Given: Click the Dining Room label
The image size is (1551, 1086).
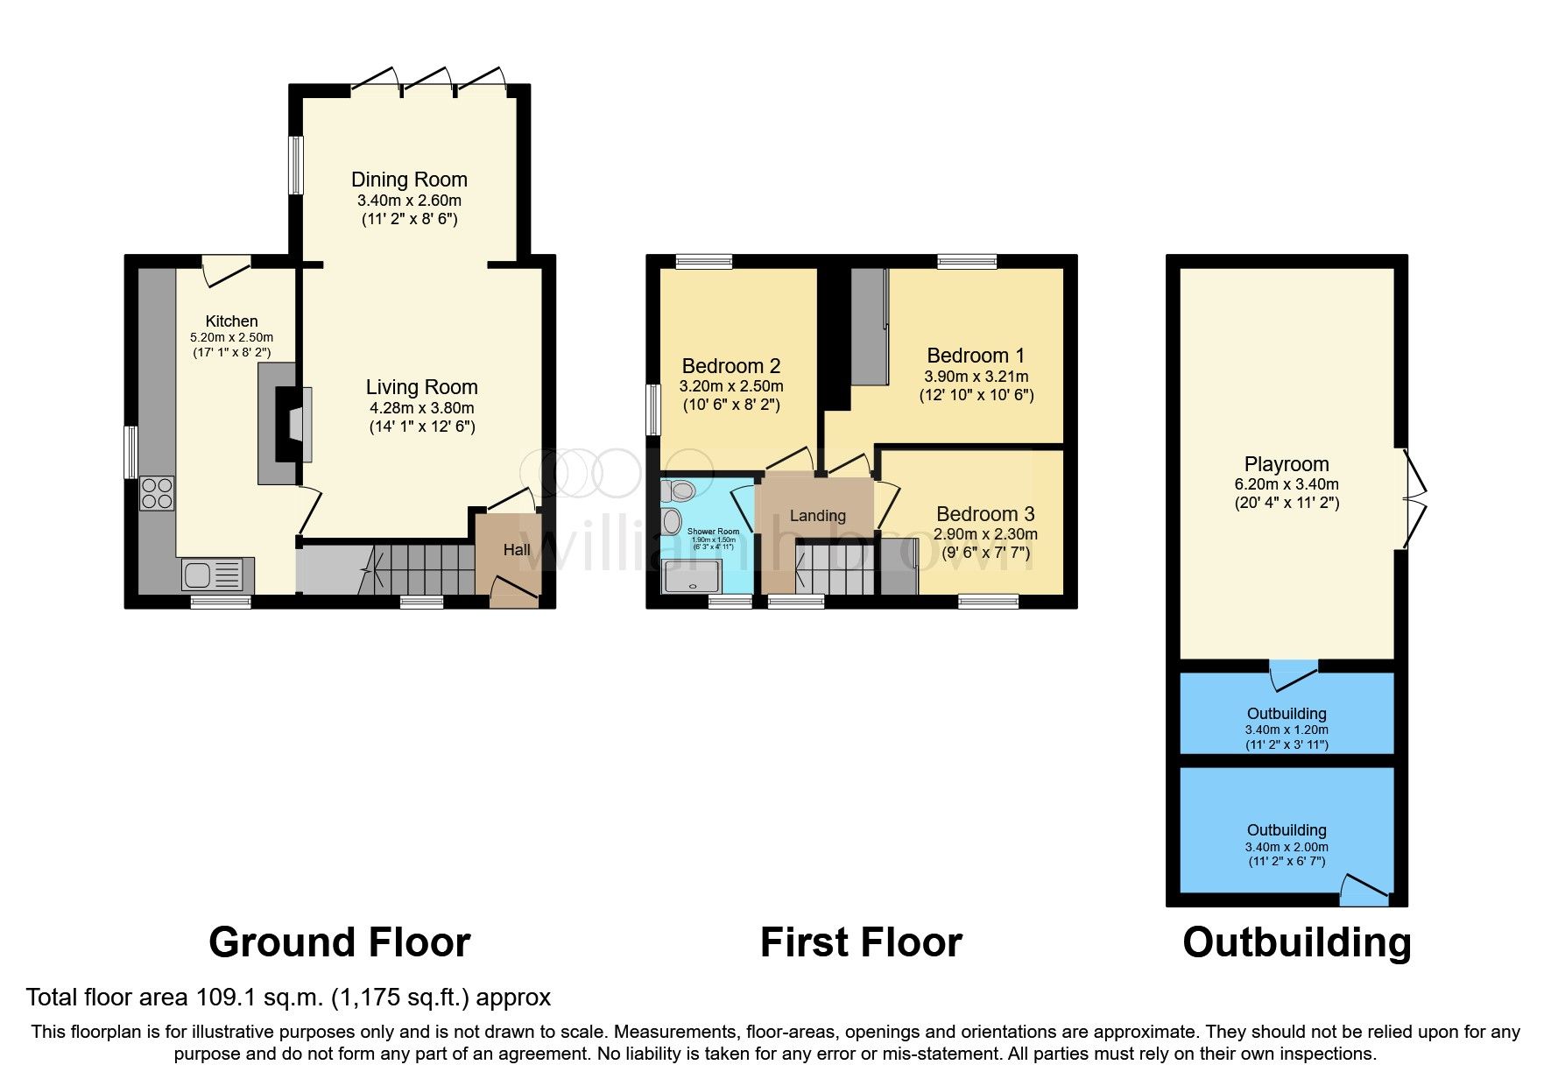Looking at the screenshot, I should tap(409, 180).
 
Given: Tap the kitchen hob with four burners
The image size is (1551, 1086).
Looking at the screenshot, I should tap(157, 492).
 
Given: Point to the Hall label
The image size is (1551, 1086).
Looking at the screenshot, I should tap(517, 550).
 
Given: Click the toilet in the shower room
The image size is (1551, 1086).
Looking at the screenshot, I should tap(678, 490).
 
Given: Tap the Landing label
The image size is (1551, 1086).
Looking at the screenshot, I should tap(817, 516).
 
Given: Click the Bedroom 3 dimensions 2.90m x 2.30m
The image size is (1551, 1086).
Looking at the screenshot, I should tap(985, 534).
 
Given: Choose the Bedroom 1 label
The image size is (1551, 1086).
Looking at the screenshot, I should tap(975, 356).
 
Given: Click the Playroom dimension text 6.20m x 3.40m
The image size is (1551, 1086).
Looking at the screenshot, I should tap(1286, 484).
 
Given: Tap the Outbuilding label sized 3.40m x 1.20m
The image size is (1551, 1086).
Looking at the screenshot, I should tap(1286, 714).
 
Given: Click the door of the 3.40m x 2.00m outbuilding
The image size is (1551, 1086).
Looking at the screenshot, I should tap(1364, 889).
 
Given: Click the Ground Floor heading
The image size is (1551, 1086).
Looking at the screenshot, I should tap(339, 943).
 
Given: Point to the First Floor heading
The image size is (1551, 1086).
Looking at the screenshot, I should tap(861, 943).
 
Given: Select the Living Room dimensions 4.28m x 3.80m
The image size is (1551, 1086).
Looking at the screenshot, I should tap(421, 408).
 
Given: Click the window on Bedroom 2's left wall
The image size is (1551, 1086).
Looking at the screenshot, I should tap(652, 409).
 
